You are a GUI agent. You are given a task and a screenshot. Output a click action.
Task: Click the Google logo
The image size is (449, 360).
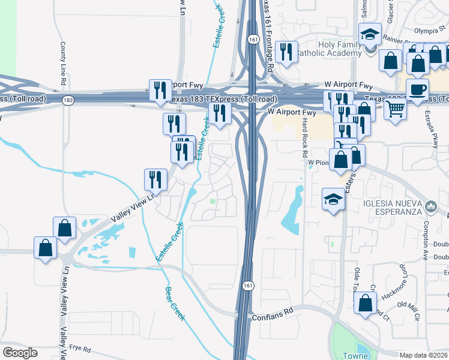(x=20, y=353)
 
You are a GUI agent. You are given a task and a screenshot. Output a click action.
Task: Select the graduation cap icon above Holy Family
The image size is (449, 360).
(x=370, y=35)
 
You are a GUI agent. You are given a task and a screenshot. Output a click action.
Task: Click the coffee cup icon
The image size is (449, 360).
(x=417, y=90)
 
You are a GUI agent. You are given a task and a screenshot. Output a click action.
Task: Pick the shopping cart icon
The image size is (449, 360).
(x=395, y=110)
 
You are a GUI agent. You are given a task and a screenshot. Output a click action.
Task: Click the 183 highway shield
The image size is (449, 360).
(x=70, y=99)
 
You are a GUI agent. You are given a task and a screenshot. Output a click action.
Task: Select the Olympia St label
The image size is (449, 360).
(x=427, y=30)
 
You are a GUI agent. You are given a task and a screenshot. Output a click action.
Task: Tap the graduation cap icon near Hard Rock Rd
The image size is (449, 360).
(x=334, y=199)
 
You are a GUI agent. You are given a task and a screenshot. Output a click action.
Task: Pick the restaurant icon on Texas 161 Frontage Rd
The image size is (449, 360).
(x=289, y=52)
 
